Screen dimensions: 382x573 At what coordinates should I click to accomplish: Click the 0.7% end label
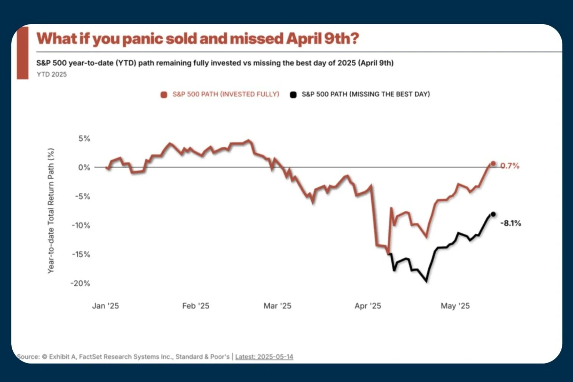tap(510, 166)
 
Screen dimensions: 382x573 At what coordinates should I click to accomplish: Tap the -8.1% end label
tap(511, 224)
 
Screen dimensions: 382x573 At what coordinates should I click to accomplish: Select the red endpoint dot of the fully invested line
tap(493, 164)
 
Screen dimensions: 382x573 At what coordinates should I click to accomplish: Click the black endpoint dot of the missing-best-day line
tap(493, 214)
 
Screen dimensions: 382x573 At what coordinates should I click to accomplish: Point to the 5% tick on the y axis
tap(84, 139)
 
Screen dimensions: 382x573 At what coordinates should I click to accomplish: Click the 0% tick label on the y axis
tap(84, 167)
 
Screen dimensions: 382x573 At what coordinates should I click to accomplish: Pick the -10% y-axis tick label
tap(81, 225)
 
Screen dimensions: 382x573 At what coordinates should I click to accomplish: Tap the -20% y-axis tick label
tap(80, 283)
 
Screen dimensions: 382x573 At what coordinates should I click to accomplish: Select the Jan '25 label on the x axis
tap(105, 306)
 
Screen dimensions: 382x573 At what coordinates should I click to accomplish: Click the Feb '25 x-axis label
tap(195, 306)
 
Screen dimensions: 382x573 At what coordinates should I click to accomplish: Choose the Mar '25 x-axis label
tap(277, 306)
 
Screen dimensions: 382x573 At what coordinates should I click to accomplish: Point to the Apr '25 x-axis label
tap(368, 306)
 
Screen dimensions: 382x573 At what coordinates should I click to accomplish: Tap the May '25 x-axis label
tap(455, 306)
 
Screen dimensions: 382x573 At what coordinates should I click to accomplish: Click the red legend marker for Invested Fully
tap(164, 95)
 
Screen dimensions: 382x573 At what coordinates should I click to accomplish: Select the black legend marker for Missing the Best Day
tap(293, 95)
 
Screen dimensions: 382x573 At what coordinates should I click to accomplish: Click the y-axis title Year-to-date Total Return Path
tap(51, 211)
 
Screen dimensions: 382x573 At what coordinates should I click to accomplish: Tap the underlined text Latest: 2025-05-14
tap(264, 357)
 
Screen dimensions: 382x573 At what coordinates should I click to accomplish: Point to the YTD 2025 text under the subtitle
tap(52, 74)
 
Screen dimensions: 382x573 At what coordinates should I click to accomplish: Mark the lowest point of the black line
tap(426, 281)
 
